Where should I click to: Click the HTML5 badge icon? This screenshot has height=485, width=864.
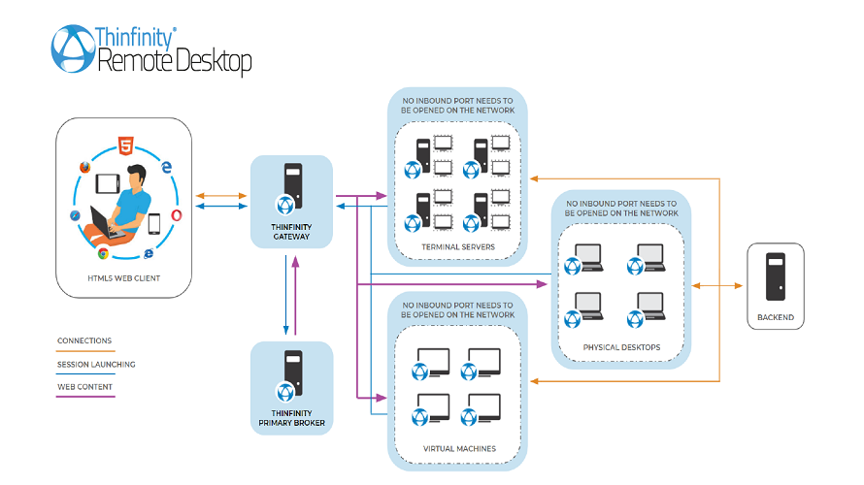(x=125, y=147)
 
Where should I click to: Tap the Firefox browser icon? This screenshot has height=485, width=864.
(x=84, y=168)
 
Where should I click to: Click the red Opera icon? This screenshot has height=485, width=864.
(x=176, y=215)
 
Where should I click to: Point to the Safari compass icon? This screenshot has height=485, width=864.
(x=74, y=215)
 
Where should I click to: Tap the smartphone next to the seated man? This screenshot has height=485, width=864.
(x=153, y=224)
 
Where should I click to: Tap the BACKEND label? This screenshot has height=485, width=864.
(x=775, y=317)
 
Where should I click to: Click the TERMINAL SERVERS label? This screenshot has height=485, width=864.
(x=457, y=247)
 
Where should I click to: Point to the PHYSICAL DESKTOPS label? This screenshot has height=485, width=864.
(x=621, y=347)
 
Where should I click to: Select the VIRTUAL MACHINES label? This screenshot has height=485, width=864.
(x=459, y=449)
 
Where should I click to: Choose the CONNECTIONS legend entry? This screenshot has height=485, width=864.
(x=84, y=340)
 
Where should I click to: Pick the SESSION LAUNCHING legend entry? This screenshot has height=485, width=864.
(x=96, y=365)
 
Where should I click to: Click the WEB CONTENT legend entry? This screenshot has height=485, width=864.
(x=84, y=387)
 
